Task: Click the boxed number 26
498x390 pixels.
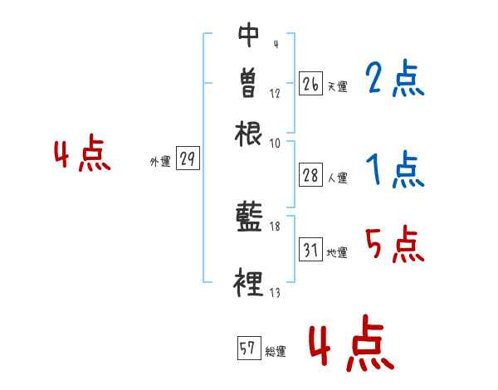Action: click(310, 84)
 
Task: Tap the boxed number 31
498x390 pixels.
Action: click(310, 249)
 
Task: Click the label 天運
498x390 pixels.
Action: click(337, 86)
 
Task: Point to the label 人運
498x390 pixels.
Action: click(337, 176)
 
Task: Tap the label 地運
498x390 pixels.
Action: click(337, 252)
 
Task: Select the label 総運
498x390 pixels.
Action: click(276, 352)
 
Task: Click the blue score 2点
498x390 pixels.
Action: click(394, 80)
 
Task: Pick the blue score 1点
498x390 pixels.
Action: click(394, 170)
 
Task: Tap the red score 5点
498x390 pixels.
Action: click(394, 245)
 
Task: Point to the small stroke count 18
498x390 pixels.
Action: click(275, 226)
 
